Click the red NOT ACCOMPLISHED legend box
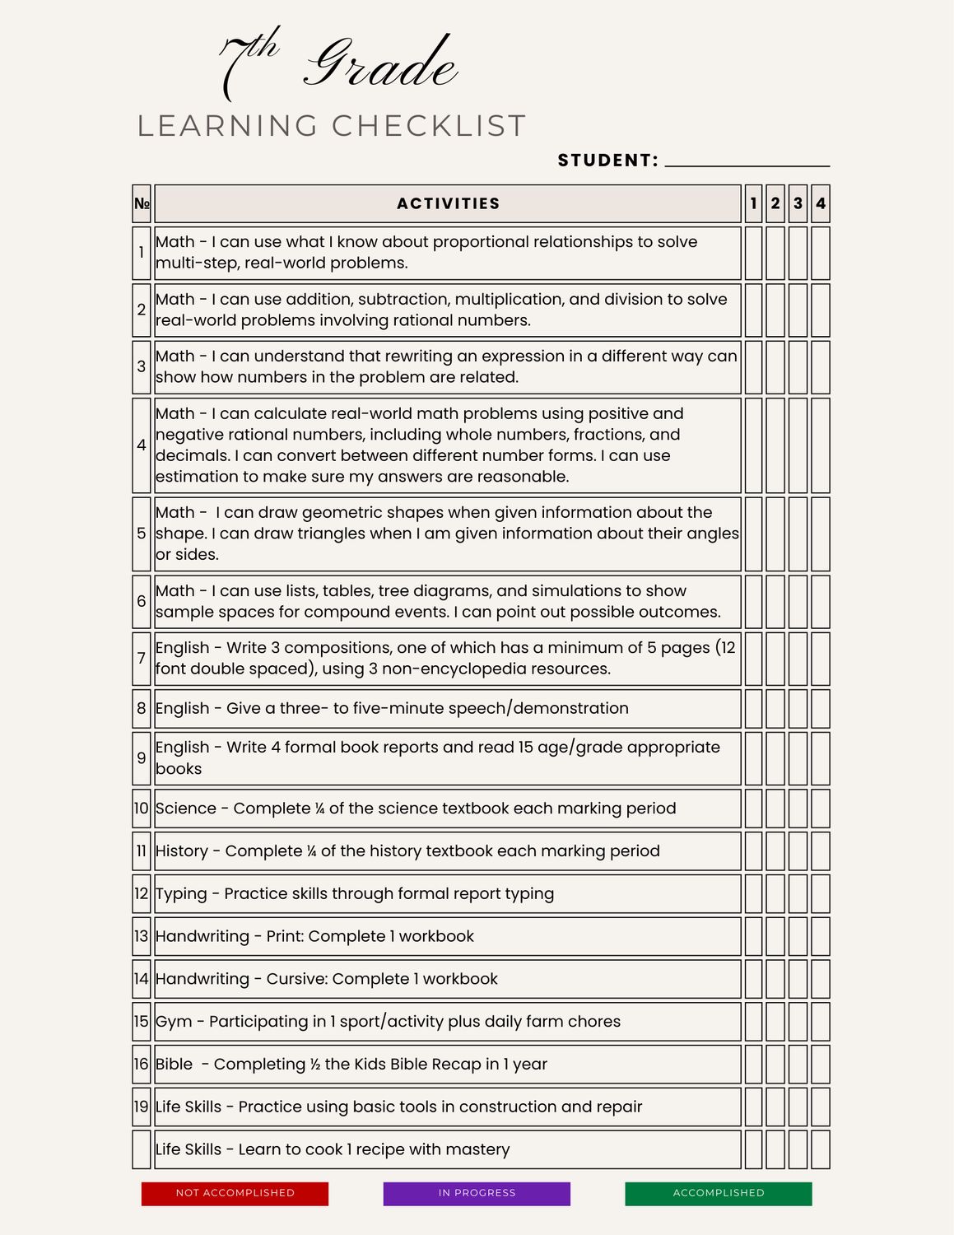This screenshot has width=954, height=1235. pos(235,1193)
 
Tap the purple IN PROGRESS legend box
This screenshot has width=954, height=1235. pos(477,1193)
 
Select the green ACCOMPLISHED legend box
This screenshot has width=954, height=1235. pos(718,1193)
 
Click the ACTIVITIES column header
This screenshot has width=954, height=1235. pos(448,203)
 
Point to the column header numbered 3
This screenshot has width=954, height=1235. pos(798,203)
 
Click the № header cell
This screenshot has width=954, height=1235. pos(142,203)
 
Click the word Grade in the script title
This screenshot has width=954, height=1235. pos(382,64)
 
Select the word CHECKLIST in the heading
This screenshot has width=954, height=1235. pos(429,126)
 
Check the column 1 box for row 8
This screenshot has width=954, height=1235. pos(753,708)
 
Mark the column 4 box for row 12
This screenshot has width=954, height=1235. pos(820,893)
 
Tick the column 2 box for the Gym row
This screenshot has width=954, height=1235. pos(775,1021)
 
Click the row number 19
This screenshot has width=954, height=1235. pos(142,1107)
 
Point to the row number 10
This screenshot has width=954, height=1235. pos(142,809)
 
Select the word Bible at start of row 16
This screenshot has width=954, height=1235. pos(175,1064)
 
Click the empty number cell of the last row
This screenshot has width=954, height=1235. pos(142,1149)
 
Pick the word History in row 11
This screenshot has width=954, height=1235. pos(182,851)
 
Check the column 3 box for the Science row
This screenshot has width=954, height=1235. pos(798,809)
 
